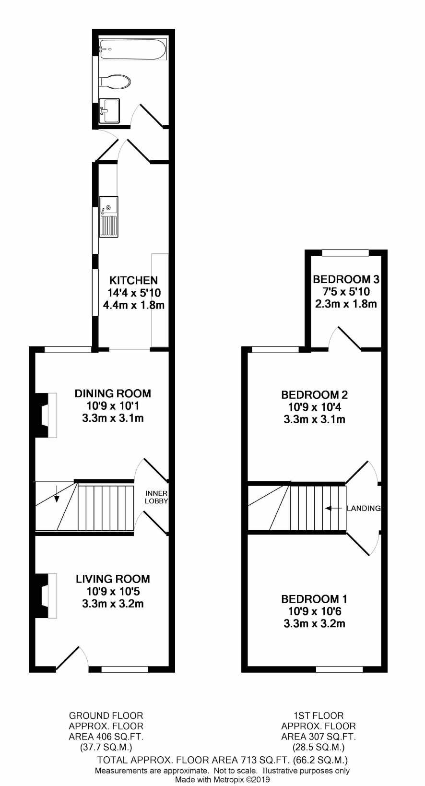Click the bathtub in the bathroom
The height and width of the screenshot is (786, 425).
[132, 49]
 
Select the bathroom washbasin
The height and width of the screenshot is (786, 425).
[109, 110]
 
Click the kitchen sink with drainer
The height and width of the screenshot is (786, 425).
[108, 217]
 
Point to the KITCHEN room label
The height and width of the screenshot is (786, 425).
[134, 280]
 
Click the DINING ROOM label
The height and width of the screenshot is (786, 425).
[113, 393]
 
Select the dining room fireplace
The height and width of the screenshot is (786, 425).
[46, 415]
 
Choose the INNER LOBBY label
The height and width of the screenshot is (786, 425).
[156, 497]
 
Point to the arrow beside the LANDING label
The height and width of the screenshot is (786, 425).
[334, 508]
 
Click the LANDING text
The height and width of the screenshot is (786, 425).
[364, 508]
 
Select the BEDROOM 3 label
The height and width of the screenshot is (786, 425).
[346, 279]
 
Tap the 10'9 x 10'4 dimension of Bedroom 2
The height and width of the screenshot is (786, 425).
[315, 407]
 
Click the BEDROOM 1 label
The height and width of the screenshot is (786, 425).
[314, 599]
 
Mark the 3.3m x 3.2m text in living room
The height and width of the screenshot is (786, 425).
[113, 604]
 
